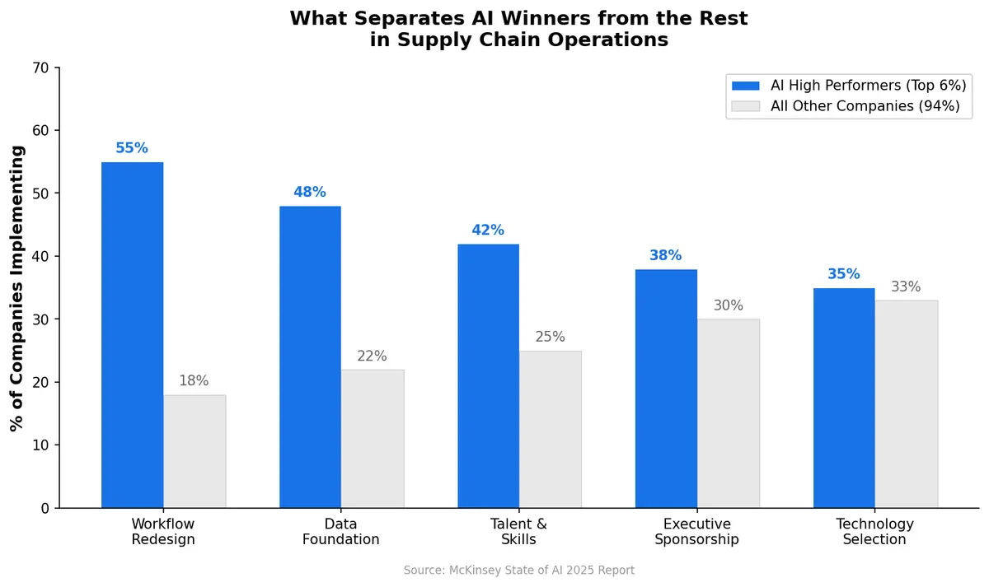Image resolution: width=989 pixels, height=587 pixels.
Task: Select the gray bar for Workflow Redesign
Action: pos(195,451)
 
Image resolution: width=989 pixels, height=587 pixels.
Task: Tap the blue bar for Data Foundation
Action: pos(310,356)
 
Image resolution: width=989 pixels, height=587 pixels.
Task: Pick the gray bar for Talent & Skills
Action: pos(550,429)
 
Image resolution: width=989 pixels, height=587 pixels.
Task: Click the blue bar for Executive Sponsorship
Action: pos(666,389)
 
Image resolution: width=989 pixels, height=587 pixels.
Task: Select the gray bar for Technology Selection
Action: pos(906,403)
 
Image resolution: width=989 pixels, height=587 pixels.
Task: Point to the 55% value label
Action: pos(132,148)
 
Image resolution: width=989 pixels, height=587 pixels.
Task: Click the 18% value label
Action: pos(195,381)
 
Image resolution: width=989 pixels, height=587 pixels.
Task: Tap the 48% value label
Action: pos(310,192)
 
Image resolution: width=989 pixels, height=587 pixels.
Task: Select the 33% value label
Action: pos(906,287)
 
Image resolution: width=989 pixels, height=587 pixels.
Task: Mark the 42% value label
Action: pos(488,231)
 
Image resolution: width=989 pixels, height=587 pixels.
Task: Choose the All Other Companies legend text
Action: pos(865,106)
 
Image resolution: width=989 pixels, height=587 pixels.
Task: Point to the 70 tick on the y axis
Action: pos(41,68)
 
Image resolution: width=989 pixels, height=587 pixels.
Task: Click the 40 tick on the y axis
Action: pos(41,256)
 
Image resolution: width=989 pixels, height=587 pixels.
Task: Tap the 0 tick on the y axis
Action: pos(45,508)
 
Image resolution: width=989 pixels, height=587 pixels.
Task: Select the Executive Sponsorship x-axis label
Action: pos(696,532)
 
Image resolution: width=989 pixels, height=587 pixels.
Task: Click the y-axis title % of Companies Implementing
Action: pos(17,288)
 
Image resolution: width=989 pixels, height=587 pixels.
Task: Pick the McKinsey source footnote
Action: pos(519,570)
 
